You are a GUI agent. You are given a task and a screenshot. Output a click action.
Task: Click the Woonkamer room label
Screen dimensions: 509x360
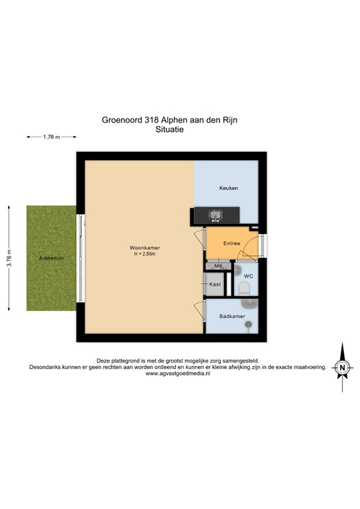pos(145,248)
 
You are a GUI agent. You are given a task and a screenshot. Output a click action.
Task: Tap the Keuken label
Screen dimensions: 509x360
pos(229,189)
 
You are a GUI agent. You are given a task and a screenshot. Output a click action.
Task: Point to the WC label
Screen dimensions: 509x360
pos(249,275)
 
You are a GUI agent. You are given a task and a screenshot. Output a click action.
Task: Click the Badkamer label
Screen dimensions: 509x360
pos(232,317)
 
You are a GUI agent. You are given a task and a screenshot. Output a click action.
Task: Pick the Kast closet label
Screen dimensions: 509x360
pos(215,284)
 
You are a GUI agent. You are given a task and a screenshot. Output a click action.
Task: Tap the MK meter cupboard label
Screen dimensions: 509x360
pos(218,266)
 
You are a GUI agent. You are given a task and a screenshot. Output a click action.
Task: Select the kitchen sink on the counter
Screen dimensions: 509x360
pos(216,215)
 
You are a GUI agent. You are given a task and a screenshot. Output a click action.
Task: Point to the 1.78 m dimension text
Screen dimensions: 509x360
pos(51,137)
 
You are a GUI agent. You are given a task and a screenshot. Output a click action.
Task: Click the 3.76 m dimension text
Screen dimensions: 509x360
pos(9,257)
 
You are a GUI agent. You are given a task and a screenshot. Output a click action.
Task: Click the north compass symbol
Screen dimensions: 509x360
pos(341,367)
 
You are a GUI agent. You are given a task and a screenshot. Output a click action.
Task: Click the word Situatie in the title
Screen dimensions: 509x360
pos(168,130)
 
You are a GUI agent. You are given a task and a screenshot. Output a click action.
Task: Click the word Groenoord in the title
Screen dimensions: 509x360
pos(121,121)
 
